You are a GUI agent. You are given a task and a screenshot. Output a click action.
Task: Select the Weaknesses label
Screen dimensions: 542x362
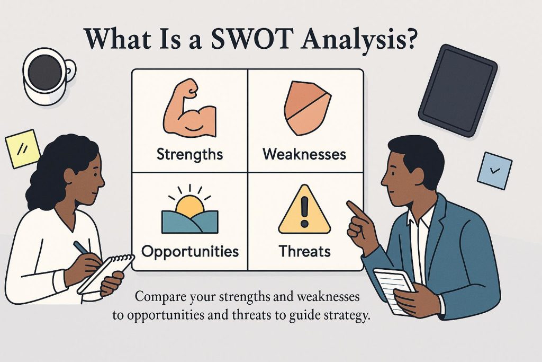point(304,154)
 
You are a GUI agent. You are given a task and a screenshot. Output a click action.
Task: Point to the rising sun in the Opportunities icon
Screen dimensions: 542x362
point(189,206)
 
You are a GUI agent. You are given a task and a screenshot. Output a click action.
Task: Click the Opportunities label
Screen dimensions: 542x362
point(190,252)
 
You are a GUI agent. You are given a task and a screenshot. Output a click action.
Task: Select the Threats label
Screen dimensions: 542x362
point(304,251)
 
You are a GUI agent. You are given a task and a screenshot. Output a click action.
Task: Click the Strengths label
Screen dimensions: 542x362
point(190,154)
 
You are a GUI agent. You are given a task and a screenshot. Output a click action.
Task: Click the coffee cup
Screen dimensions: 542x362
point(48,75)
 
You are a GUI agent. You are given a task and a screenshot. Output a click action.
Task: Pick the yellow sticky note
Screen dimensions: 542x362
point(23,149)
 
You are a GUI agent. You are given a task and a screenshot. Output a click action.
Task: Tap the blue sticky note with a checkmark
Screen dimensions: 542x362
point(495,171)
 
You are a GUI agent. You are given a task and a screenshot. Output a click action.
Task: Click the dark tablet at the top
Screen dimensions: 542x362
point(458,90)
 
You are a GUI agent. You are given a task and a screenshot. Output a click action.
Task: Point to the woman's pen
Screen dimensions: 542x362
point(82,248)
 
